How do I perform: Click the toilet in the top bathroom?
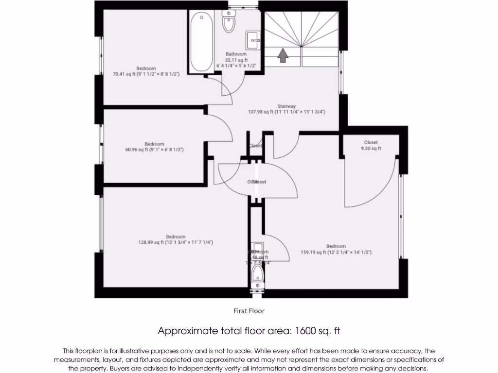click(x=229, y=22)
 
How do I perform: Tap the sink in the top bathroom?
click(x=253, y=40)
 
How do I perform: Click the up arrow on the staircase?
click(x=282, y=55)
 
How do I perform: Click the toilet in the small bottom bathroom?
click(x=257, y=276)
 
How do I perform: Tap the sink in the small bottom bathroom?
click(x=257, y=247)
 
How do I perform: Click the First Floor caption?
click(x=249, y=311)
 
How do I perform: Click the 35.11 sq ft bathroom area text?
click(x=236, y=60)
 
